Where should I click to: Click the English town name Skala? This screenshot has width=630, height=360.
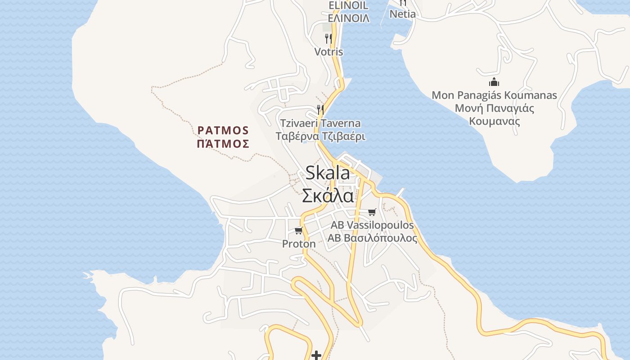point(327,173)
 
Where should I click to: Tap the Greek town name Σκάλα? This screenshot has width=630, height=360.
point(327,196)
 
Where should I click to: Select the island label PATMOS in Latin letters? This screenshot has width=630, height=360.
point(223,130)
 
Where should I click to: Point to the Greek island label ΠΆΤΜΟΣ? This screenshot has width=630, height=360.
point(223,144)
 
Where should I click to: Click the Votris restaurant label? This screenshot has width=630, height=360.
point(328,52)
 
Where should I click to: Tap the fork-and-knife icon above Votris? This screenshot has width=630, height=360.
point(328,39)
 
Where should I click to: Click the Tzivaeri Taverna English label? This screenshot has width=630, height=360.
point(320,123)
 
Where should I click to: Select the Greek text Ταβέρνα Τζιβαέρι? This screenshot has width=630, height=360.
point(320,136)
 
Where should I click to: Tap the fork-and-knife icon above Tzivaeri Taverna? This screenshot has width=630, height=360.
point(320,109)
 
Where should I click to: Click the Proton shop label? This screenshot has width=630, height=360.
point(299,244)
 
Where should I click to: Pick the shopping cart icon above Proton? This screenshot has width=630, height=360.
point(298,231)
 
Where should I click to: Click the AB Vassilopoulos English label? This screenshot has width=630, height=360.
point(372,225)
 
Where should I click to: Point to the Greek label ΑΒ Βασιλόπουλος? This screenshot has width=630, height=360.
point(372,238)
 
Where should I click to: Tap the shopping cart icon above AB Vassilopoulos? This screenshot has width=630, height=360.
point(372,212)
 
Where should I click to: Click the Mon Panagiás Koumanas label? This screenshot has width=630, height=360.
point(494,95)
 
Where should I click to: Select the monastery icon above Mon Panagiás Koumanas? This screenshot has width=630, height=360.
point(494,82)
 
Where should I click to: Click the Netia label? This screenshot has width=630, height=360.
point(402,14)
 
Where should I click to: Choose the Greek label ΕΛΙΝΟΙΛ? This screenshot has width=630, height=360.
point(348,18)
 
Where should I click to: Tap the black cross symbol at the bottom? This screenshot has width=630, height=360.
point(316,355)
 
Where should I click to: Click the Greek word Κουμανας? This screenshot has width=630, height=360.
point(494,121)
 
